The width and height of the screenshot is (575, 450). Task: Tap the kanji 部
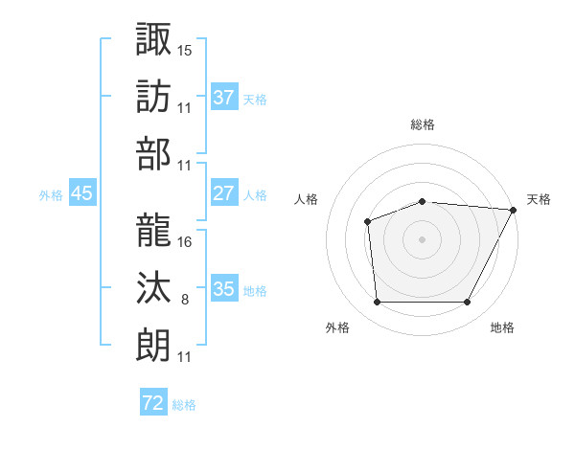coord(153,153)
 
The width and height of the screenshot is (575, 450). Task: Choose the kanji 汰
coord(153,287)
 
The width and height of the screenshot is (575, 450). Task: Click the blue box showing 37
coord(224,98)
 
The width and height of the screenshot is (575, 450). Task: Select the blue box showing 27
coord(224,193)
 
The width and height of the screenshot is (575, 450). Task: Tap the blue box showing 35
coord(224,289)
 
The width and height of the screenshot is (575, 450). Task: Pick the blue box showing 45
coord(82,193)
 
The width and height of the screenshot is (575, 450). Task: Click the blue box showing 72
coord(153,403)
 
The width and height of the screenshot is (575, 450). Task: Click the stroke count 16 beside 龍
coord(185,240)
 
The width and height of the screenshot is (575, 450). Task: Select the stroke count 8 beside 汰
coord(185,300)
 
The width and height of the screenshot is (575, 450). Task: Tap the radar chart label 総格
coord(423,124)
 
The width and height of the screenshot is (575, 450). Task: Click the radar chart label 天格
coord(539,199)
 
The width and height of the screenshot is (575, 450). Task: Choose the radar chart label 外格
coord(337,327)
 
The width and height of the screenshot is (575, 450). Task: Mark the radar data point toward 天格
coord(514,210)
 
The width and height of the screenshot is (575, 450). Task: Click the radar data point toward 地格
coord(467,303)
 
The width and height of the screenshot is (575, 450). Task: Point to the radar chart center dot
coord(422,238)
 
